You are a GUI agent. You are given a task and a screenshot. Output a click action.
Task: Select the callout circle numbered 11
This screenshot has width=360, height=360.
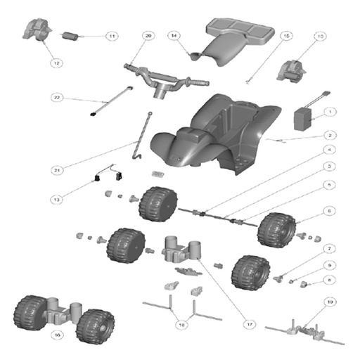(111, 36)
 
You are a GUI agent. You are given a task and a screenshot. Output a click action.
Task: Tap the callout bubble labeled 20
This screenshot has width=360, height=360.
(148, 35)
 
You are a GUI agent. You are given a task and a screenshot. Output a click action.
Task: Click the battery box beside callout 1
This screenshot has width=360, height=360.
(304, 117)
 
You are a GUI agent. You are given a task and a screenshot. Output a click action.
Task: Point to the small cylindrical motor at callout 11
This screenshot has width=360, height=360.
(72, 36)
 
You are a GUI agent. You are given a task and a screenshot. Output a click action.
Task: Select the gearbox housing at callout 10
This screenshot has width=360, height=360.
(294, 71)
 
